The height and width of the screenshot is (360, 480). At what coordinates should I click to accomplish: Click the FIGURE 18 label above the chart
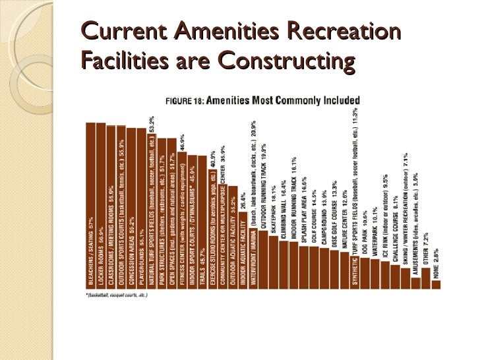point(184,102)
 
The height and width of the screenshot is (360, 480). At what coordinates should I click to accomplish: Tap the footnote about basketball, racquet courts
point(116,295)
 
